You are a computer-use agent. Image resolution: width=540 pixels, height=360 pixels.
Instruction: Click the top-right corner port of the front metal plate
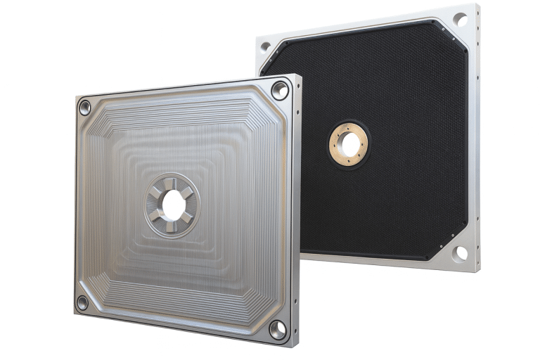tap(279, 90)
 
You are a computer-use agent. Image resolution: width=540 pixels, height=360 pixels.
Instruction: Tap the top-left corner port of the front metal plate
tap(85, 108)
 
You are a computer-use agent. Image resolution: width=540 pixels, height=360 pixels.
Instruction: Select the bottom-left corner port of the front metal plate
tap(82, 302)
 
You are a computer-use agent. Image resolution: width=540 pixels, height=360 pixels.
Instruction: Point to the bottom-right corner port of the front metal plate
tap(278, 329)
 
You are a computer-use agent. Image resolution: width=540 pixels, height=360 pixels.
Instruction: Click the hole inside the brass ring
tap(348, 144)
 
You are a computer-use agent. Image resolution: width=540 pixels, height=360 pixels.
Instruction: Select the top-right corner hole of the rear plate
tap(461, 20)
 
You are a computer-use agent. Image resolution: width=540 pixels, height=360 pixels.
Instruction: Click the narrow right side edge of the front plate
tap(296, 211)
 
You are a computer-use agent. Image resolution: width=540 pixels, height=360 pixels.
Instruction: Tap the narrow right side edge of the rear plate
tap(477, 141)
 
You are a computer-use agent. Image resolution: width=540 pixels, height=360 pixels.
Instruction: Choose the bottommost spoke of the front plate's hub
tap(172, 226)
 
